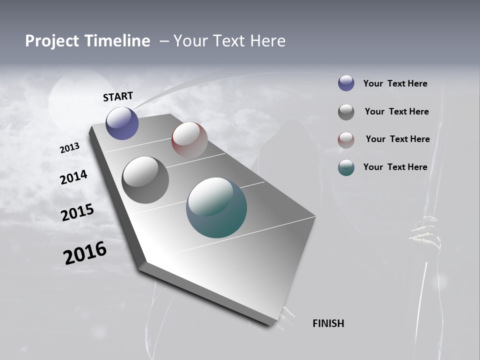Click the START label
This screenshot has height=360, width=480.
[118, 96]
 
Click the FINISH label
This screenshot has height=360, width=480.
[328, 323]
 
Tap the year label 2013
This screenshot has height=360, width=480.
[69, 148]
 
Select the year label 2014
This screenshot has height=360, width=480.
[73, 177]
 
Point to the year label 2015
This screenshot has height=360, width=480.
[77, 212]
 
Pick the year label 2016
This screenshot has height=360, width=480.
[85, 252]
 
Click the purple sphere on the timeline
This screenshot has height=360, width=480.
[122, 123]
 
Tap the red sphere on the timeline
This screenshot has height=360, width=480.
[189, 140]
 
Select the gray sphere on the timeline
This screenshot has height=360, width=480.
[145, 180]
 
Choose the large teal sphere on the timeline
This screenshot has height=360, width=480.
[216, 207]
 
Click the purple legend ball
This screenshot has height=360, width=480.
[346, 83]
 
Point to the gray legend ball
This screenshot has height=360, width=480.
[346, 112]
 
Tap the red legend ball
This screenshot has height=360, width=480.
[346, 139]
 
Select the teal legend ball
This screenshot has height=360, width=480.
[346, 167]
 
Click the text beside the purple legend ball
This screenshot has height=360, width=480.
[395, 84]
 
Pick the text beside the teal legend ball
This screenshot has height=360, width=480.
[395, 167]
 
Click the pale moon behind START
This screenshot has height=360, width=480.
[80, 97]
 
